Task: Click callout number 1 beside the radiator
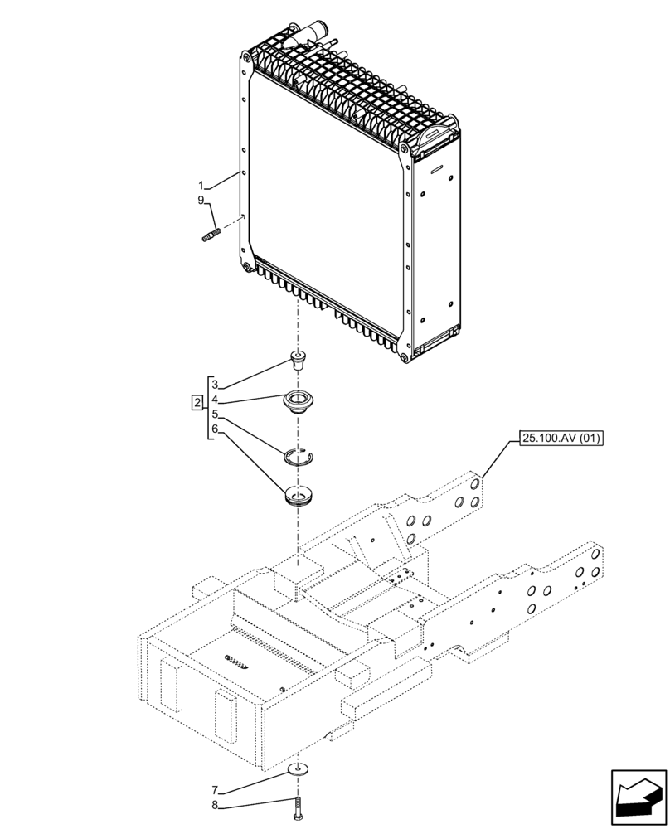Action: [201, 184]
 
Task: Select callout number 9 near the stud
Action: [201, 200]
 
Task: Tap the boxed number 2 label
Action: [197, 403]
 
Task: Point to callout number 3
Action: [215, 385]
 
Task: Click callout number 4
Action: [215, 399]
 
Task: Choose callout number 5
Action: [215, 414]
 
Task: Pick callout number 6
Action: [215, 429]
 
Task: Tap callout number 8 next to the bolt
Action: [215, 804]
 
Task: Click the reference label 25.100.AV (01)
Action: [561, 438]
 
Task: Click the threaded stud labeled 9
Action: [209, 237]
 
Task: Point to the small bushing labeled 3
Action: [296, 359]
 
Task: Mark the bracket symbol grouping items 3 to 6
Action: [208, 406]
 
